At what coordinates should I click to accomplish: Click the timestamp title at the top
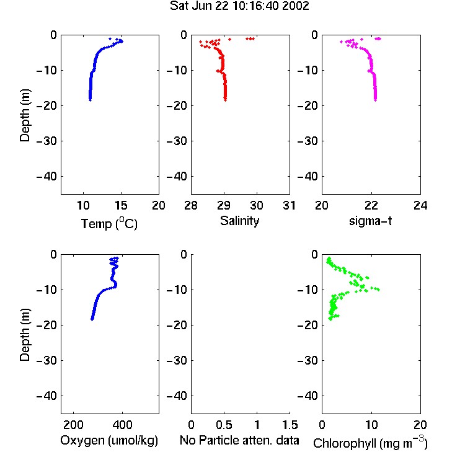tap(239, 6)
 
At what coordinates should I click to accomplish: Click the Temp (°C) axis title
tap(109, 223)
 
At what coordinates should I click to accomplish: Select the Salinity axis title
tap(239, 221)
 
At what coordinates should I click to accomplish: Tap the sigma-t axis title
tap(370, 221)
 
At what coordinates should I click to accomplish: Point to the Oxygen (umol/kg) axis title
tap(109, 440)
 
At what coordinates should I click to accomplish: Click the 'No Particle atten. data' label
tap(239, 440)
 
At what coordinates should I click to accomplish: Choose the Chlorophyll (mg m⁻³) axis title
tap(370, 443)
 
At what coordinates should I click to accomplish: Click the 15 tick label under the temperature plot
tap(121, 205)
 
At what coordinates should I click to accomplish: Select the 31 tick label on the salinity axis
tap(289, 205)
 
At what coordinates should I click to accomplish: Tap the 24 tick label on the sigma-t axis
tap(420, 205)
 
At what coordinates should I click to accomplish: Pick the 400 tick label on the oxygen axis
tap(123, 425)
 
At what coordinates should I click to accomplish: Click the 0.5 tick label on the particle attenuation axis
tap(224, 425)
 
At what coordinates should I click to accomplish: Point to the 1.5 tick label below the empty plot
tap(290, 425)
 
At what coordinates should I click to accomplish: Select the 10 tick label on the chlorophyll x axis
tap(371, 425)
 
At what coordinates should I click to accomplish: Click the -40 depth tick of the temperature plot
tap(46, 177)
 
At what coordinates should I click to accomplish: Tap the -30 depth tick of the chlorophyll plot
tap(308, 360)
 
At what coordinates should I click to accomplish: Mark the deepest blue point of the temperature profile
tap(90, 100)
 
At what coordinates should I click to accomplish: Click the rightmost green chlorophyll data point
tap(378, 290)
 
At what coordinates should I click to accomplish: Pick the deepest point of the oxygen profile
tap(92, 319)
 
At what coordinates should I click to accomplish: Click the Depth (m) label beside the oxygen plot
tap(25, 335)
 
